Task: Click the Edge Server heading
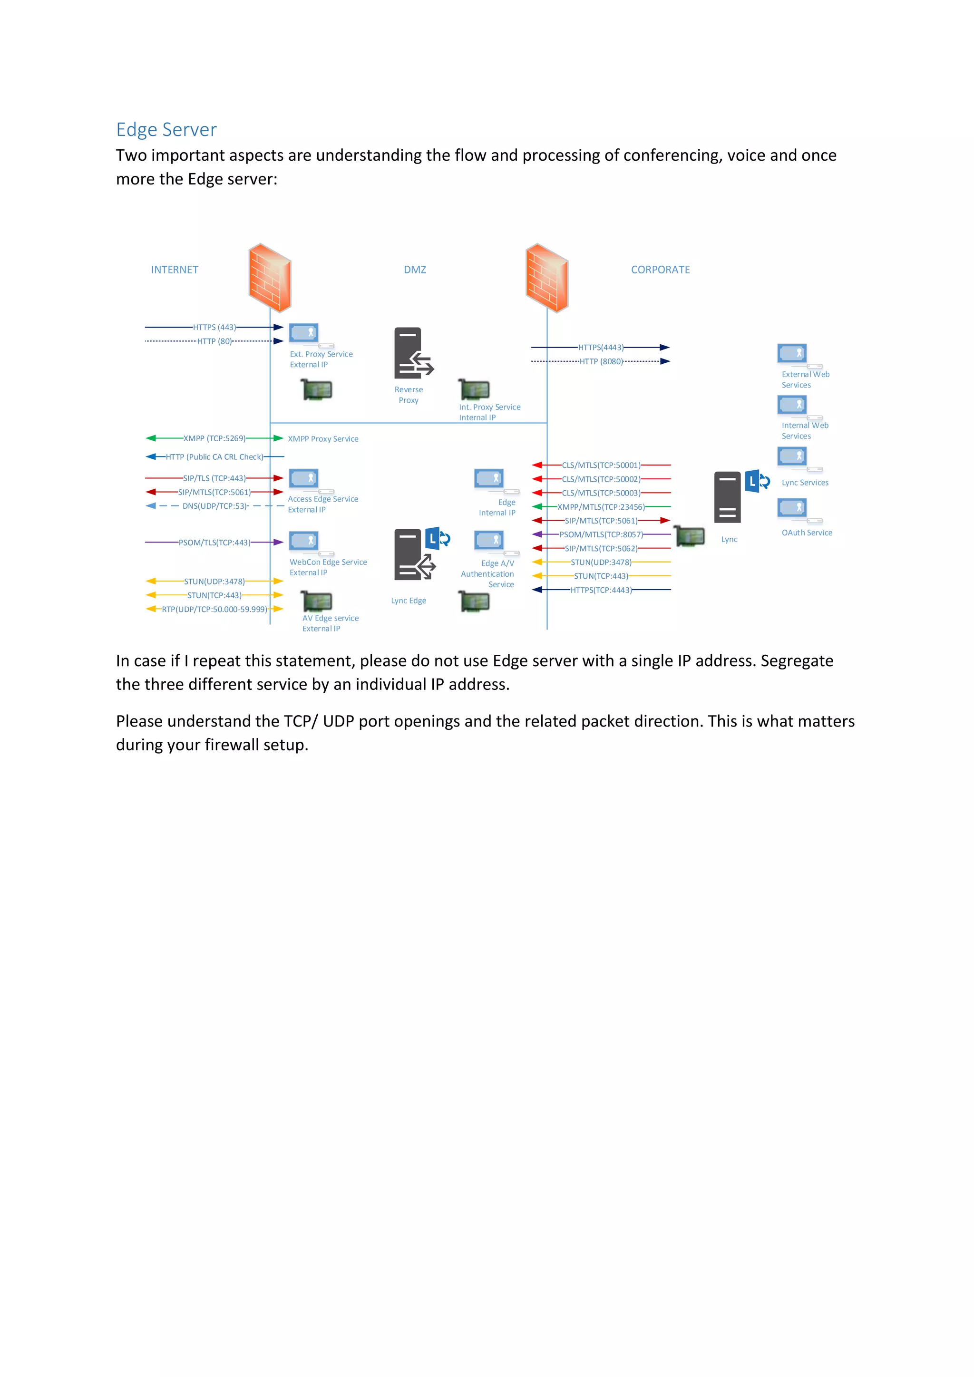click(166, 129)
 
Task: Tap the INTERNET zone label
click(175, 270)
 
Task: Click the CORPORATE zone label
click(660, 270)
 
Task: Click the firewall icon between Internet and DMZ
click(270, 278)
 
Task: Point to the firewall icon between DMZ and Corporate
click(547, 278)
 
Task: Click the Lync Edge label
click(409, 601)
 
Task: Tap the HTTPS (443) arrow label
click(214, 328)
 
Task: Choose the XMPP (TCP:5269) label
click(214, 438)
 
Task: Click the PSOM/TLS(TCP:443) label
click(214, 543)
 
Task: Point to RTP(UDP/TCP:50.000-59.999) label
click(214, 610)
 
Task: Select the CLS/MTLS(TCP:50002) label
click(601, 479)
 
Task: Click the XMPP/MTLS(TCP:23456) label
click(601, 507)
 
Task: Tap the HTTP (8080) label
click(601, 362)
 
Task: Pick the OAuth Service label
click(807, 533)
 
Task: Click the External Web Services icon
click(792, 353)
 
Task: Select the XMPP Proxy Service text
click(322, 439)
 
